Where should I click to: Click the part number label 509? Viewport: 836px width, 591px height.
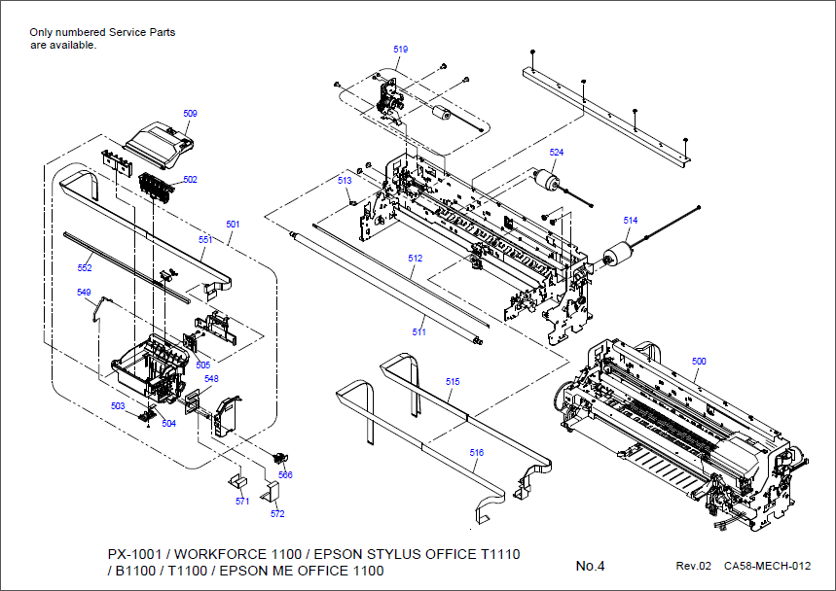190,114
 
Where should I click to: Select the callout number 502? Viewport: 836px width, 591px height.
190,180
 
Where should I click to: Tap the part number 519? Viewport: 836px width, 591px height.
401,50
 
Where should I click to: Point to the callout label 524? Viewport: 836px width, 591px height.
556,153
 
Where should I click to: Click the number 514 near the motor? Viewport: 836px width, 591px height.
631,221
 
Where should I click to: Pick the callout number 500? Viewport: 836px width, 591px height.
699,362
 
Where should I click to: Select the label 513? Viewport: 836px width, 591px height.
345,181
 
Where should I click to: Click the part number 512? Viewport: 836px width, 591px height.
416,259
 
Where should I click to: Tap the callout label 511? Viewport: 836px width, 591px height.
418,332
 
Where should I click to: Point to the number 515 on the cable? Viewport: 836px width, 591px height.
453,382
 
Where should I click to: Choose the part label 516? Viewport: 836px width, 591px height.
476,453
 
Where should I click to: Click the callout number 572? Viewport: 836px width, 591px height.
277,514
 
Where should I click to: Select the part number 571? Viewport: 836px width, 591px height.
242,502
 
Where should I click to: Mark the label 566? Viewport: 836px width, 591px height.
285,475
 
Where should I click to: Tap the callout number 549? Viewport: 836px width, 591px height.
84,292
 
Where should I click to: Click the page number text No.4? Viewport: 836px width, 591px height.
590,566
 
